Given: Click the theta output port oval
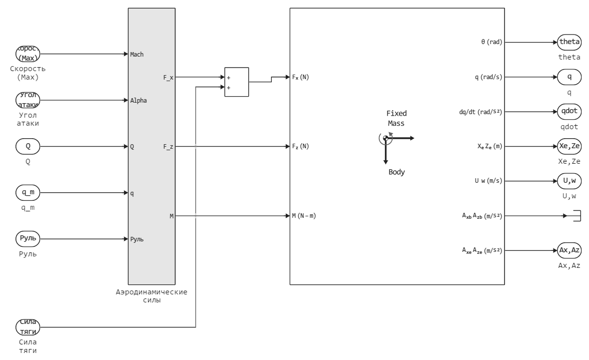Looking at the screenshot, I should pos(569,42).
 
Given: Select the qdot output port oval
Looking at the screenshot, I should pos(569,112).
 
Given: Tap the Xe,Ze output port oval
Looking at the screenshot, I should pos(569,147).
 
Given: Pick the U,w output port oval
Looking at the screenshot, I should pos(569,181).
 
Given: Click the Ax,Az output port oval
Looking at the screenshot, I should pos(569,250).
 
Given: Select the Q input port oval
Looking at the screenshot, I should pos(28,147).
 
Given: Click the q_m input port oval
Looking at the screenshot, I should pos(28,193).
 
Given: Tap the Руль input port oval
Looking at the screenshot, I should pos(28,239).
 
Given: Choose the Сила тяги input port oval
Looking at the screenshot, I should pos(28,327).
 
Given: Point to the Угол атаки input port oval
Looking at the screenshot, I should pos(28,100).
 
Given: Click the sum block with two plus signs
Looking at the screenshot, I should pos(236,82).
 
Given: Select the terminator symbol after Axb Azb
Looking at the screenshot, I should pos(575,216).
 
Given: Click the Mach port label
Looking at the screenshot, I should pos(137,54).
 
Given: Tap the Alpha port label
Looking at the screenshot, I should pos(138,100).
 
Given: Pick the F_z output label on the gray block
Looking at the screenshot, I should pos(168,147).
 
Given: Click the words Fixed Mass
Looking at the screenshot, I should pos(396,118).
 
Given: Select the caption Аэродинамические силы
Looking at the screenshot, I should pos(151,296).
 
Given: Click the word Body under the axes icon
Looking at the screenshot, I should pos(396,172).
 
